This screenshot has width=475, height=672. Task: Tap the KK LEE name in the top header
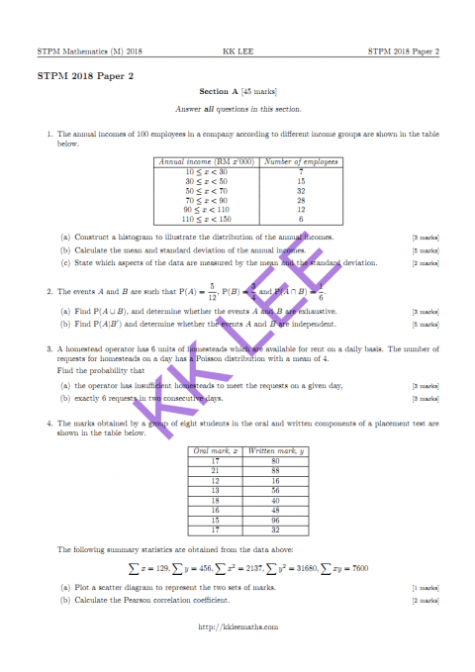237,50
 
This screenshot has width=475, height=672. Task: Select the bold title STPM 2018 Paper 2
78,75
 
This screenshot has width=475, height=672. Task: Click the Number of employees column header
302,162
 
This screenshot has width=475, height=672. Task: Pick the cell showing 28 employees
302,200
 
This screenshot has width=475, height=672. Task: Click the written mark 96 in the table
261,519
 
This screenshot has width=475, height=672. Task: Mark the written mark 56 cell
261,490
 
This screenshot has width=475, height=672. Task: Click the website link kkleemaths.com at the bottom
237,625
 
